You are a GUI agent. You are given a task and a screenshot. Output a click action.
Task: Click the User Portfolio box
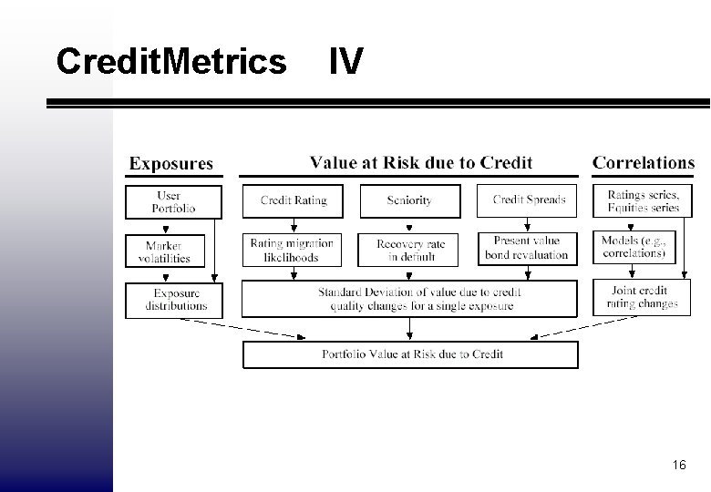click(172, 202)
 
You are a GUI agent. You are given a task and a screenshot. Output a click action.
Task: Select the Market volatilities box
click(165, 251)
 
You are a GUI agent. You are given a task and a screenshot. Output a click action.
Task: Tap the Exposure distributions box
click(177, 299)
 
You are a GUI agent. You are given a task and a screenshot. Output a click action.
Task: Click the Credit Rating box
click(293, 201)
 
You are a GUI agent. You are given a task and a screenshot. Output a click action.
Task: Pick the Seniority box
click(409, 201)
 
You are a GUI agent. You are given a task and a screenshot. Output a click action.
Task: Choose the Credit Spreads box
click(527, 201)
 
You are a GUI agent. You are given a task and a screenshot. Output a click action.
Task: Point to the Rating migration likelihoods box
click(293, 250)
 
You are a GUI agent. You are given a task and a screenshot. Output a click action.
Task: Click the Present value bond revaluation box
click(527, 249)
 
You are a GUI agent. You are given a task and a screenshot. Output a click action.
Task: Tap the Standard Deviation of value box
click(409, 299)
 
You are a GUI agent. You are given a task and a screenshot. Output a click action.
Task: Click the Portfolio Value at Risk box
click(410, 354)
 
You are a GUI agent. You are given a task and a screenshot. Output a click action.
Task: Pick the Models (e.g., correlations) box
click(634, 247)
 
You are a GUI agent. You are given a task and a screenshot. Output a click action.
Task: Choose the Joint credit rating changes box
click(642, 297)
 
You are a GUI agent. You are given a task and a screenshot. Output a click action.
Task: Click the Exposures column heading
click(171, 164)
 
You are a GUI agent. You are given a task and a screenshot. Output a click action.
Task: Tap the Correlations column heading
click(644, 163)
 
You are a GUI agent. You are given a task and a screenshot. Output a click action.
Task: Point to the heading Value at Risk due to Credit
click(421, 163)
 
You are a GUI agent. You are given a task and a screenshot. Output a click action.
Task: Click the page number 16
click(678, 466)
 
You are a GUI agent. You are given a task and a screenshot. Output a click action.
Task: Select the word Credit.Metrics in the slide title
click(170, 62)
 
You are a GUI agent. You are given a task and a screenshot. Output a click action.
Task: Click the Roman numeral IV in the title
click(345, 62)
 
